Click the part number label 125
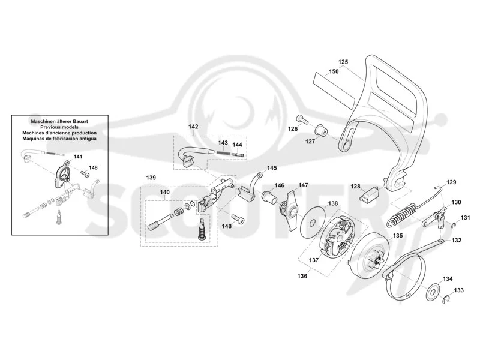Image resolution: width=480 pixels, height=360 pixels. (x=343, y=62)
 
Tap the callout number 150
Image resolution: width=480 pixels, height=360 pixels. (x=334, y=71)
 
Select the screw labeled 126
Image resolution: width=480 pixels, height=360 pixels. (x=302, y=120)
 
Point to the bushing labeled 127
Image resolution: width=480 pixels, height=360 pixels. (x=321, y=130)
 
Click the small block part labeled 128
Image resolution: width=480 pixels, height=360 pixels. (x=369, y=194)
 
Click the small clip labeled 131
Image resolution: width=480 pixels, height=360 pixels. (x=455, y=226)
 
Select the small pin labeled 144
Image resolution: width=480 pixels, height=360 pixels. (x=238, y=154)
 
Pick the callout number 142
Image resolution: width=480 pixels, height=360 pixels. (x=193, y=127)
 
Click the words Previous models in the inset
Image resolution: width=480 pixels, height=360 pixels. (x=59, y=127)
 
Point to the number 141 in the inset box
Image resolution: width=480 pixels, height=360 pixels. (x=78, y=157)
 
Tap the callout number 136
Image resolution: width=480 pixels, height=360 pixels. (x=302, y=276)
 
